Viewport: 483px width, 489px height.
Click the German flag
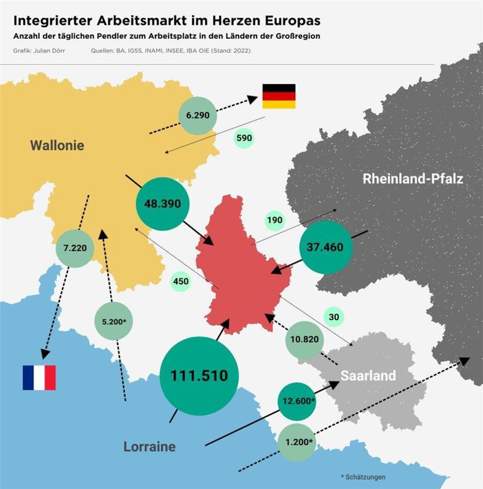click(279, 96)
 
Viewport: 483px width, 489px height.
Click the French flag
click(39, 378)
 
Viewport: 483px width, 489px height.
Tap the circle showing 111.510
click(199, 375)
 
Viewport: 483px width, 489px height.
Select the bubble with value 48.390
click(163, 204)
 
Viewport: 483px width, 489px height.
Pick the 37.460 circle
click(325, 247)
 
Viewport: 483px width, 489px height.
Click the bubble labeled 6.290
click(198, 115)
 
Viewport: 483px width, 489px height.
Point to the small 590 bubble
click(243, 138)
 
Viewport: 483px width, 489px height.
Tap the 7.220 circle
click(75, 248)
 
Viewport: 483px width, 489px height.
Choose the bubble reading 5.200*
click(114, 321)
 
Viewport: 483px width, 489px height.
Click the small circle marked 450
click(181, 281)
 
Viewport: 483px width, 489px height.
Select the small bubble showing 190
click(275, 221)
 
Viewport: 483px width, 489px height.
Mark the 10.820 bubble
click(305, 340)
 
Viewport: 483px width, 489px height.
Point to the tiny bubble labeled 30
click(334, 317)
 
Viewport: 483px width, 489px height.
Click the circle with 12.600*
click(297, 401)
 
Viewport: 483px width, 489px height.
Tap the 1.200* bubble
click(297, 441)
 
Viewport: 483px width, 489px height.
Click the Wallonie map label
click(57, 145)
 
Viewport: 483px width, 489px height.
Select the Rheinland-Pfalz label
click(413, 178)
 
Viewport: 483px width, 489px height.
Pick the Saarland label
click(368, 375)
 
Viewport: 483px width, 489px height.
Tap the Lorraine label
click(150, 447)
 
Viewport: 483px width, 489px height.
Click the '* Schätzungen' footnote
click(363, 477)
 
